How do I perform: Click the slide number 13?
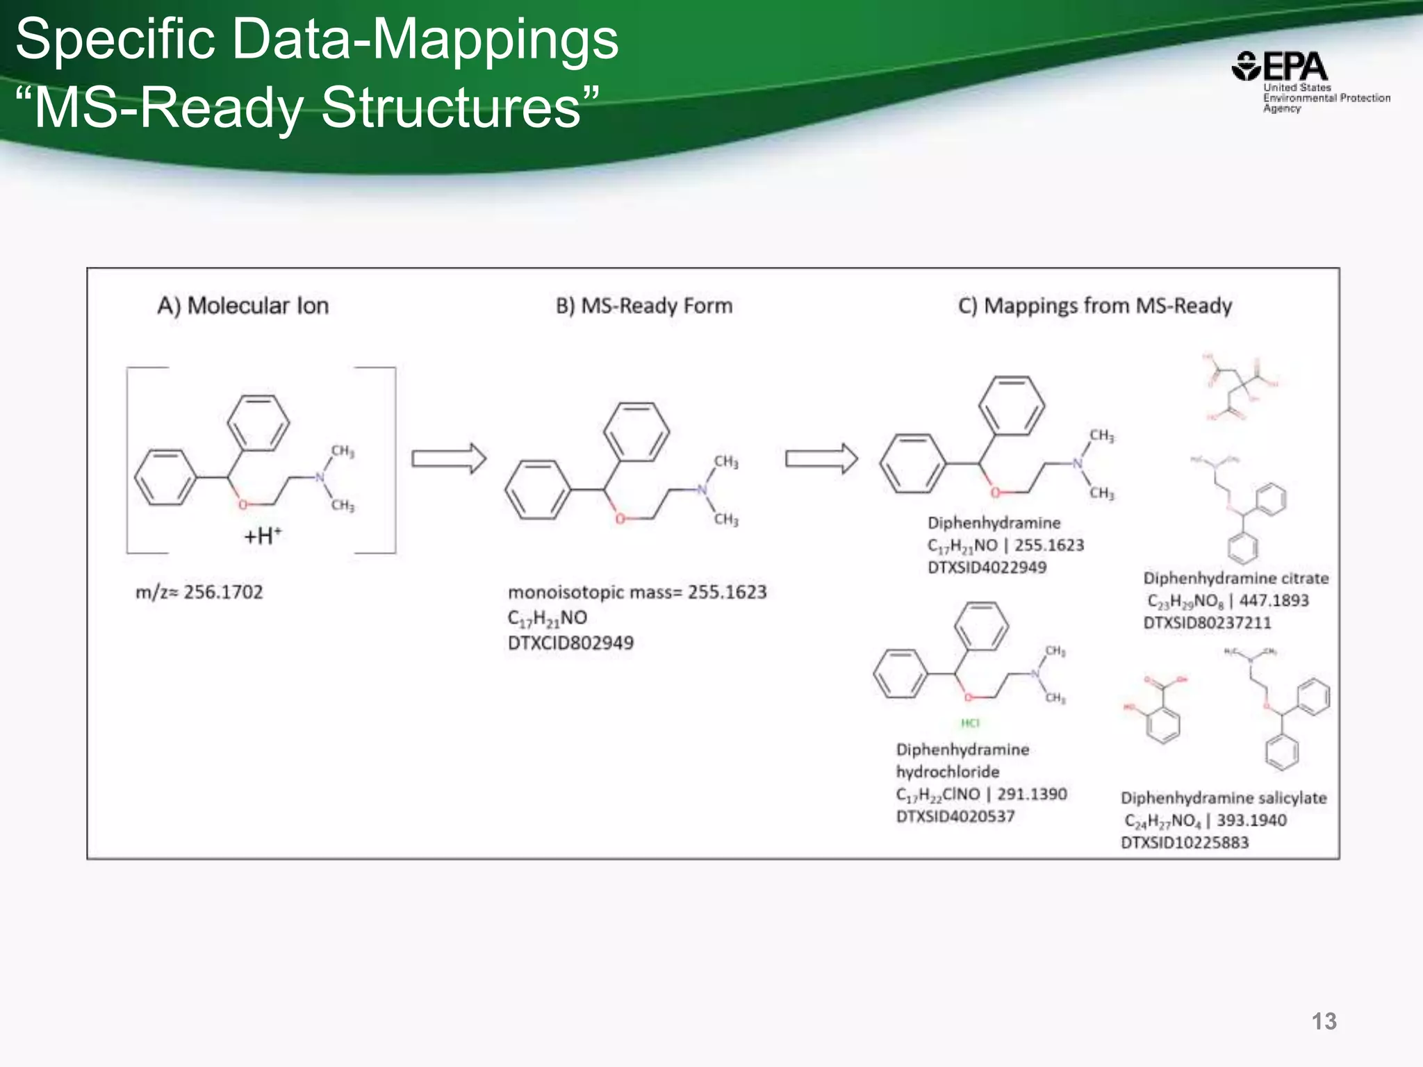(1324, 1021)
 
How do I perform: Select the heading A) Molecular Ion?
(242, 306)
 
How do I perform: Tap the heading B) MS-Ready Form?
(644, 306)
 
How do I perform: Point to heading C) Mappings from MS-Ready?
(1094, 306)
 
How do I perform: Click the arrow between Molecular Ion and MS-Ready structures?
(449, 459)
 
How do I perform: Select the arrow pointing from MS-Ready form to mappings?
(821, 459)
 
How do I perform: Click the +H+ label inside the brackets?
(263, 536)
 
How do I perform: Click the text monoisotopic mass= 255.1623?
(637, 593)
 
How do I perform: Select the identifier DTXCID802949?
(570, 643)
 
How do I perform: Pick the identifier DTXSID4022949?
(987, 568)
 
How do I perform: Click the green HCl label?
(970, 723)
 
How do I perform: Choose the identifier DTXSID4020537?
(955, 816)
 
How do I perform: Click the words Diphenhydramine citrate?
(1236, 578)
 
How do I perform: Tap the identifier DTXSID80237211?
(1207, 623)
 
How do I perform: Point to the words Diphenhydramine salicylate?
(1224, 798)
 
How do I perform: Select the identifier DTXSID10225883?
(1185, 843)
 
